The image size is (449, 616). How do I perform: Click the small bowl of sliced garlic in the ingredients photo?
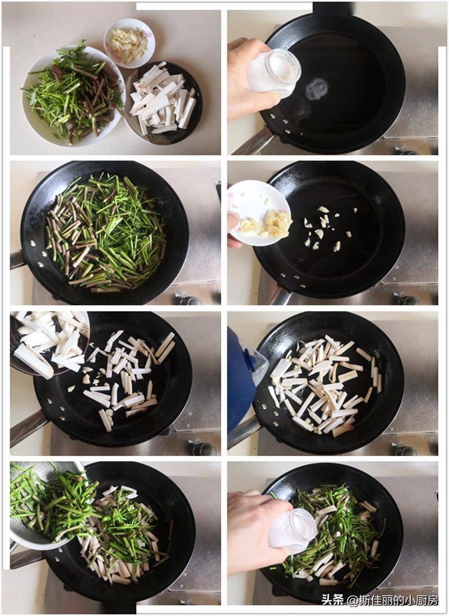click(x=129, y=43)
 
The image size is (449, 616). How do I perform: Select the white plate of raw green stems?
click(x=73, y=96)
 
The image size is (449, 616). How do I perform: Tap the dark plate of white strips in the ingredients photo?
click(x=163, y=103)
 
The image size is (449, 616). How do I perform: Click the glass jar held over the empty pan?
click(x=274, y=73)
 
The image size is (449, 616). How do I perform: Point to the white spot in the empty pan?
click(x=317, y=89)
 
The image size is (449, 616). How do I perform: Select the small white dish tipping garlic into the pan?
click(x=259, y=213)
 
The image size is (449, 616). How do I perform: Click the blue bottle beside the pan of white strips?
click(x=241, y=381)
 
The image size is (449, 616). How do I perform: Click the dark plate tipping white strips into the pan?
click(x=49, y=344)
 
